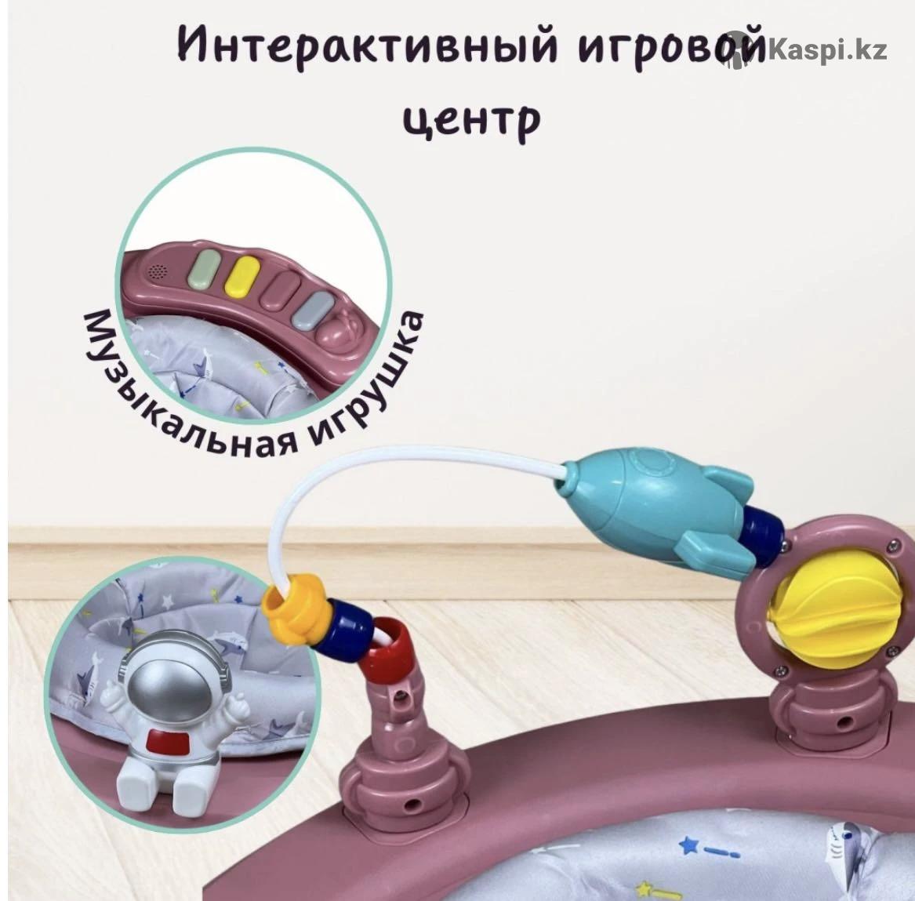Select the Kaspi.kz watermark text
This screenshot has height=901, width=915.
(827, 50)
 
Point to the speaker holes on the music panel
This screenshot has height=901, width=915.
(156, 271)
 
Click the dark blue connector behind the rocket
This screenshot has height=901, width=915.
(763, 531)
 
